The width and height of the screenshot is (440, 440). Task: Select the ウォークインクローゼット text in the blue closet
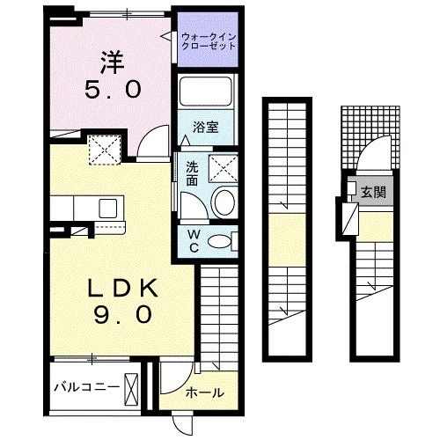click(x=208, y=40)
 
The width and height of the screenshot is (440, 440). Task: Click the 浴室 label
click(x=207, y=126)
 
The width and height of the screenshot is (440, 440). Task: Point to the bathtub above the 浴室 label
click(x=207, y=93)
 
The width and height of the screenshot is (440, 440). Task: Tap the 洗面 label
click(x=192, y=174)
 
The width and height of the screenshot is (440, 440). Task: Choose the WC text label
click(x=194, y=241)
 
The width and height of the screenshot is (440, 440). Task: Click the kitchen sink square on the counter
click(x=108, y=208)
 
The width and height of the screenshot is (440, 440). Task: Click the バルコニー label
click(x=86, y=387)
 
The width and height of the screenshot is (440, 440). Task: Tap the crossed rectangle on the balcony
click(x=132, y=387)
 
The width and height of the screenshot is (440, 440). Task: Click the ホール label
click(x=204, y=392)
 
